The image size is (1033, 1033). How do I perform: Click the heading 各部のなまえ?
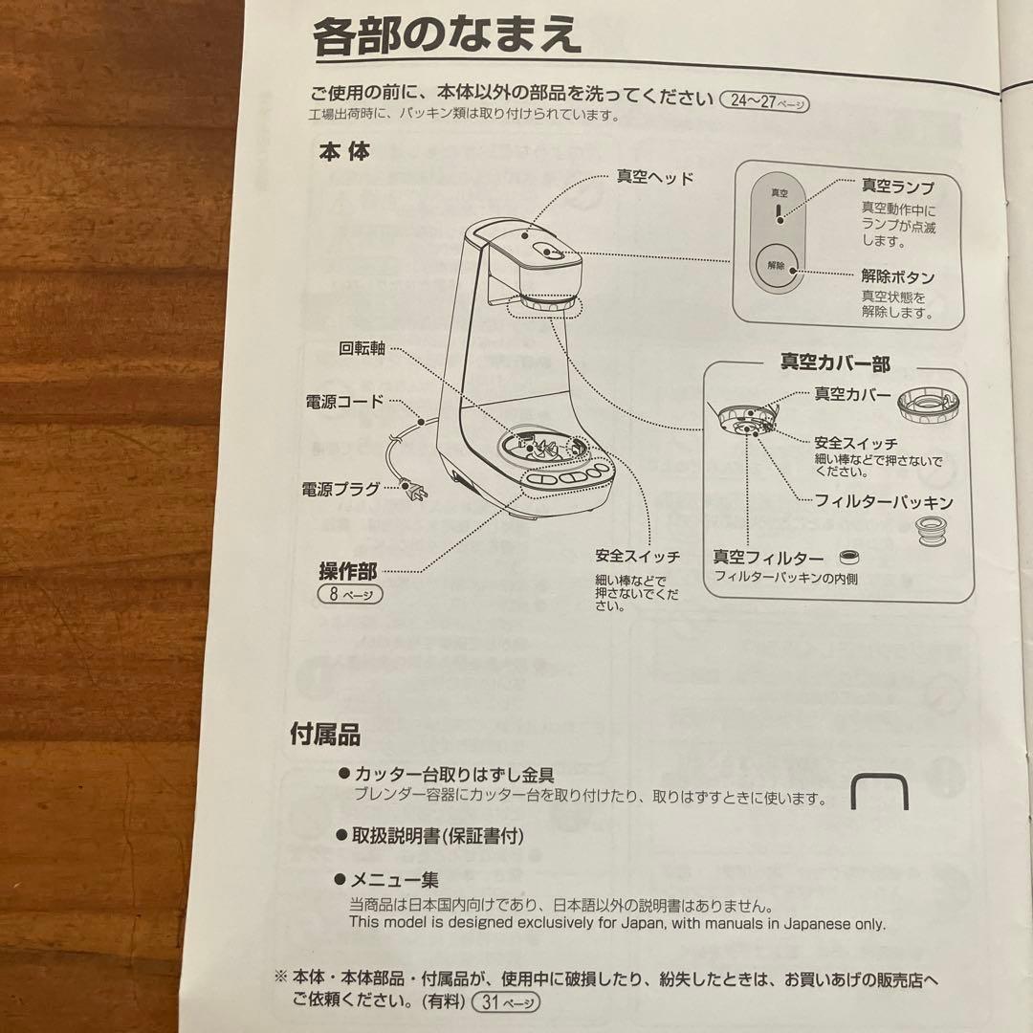coord(447,35)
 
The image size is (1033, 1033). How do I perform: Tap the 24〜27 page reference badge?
coord(765,101)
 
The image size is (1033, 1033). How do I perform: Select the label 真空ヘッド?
coord(655,177)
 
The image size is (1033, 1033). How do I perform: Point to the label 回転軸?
coord(362,348)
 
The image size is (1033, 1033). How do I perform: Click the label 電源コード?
coord(344,401)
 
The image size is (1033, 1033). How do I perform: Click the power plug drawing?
coord(416,490)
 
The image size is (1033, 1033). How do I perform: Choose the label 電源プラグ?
coord(341,489)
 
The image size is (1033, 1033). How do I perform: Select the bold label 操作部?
coord(348,571)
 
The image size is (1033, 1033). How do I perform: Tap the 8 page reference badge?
coord(350,594)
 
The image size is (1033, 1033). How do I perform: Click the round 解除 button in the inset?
coord(778,267)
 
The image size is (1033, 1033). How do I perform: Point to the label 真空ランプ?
coord(898,187)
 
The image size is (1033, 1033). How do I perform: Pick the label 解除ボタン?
coord(898,276)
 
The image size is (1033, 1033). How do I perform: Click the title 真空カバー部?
coord(835,363)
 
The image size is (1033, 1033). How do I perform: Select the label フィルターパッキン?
coord(884,502)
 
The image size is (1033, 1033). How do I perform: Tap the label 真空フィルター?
coord(768,558)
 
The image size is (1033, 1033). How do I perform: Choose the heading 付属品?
coord(325,734)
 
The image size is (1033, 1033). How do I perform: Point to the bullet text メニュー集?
coord(395,880)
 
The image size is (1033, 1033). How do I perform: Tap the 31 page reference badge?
coord(506,1002)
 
